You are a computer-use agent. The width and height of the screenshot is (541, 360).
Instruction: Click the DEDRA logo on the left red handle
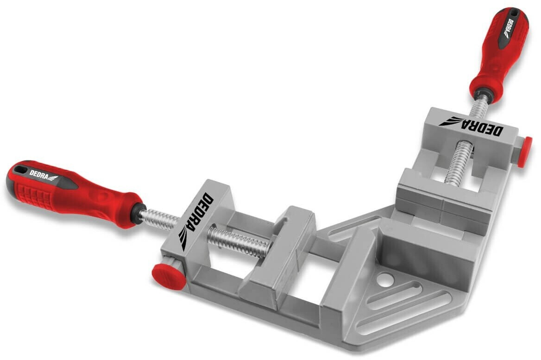point(44,175)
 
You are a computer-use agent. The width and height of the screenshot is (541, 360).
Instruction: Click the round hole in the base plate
point(385,279)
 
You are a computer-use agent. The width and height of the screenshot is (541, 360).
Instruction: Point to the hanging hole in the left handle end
point(21,170)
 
